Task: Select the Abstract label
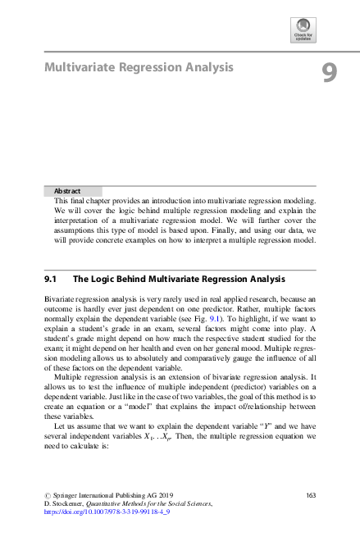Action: click(x=67, y=191)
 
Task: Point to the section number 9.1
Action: click(x=54, y=280)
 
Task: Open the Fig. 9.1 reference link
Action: click(x=234, y=319)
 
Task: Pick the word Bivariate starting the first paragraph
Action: click(x=60, y=302)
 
